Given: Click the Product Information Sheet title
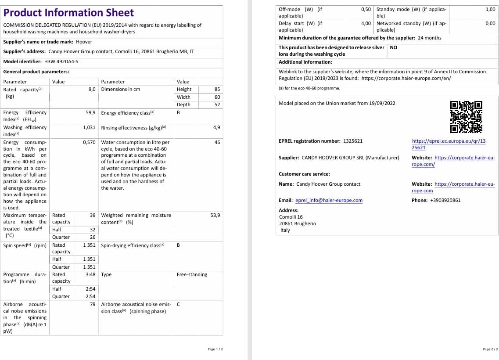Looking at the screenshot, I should [x=68, y=13].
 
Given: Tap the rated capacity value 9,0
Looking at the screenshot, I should [x=92, y=89].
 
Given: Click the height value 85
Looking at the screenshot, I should [x=217, y=89].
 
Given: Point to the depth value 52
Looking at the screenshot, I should [x=217, y=104].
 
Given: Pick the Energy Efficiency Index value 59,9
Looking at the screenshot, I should [x=91, y=112].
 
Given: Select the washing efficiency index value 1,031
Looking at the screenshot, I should [x=89, y=127].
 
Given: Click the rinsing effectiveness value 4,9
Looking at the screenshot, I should [x=216, y=127].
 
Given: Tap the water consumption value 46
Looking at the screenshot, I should [x=217, y=142].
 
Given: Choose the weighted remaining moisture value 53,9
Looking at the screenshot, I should [x=215, y=215].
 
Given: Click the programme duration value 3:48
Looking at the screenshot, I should [x=90, y=274].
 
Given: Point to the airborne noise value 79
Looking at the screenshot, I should [x=93, y=304].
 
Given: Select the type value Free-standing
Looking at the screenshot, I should [x=192, y=274].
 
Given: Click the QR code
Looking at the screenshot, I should [x=466, y=117].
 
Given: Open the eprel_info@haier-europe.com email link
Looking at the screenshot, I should [x=329, y=200].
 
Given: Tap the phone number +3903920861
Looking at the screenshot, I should [x=445, y=200].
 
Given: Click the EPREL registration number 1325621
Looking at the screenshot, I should [x=353, y=141].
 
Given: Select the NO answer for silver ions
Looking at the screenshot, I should [x=393, y=47].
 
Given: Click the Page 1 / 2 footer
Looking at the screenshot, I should [x=215, y=349].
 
